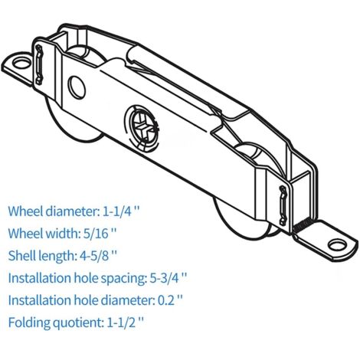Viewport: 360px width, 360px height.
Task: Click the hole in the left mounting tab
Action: point(21,63)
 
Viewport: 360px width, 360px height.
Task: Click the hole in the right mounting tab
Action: point(335,244)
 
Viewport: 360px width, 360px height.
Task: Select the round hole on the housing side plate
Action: point(77,87)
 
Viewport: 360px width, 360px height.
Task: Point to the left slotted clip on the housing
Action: point(39,64)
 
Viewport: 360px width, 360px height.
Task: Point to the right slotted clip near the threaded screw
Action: point(283,205)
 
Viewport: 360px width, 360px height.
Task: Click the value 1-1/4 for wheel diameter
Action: point(117,211)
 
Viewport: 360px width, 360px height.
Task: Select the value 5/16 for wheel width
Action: point(96,233)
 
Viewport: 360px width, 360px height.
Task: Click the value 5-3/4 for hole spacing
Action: point(164,278)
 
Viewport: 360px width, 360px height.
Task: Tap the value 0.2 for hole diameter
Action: point(166,300)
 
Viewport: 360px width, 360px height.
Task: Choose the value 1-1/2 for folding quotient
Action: point(121,322)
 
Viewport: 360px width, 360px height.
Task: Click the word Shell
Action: point(21,255)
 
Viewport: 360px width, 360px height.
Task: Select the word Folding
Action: point(29,323)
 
